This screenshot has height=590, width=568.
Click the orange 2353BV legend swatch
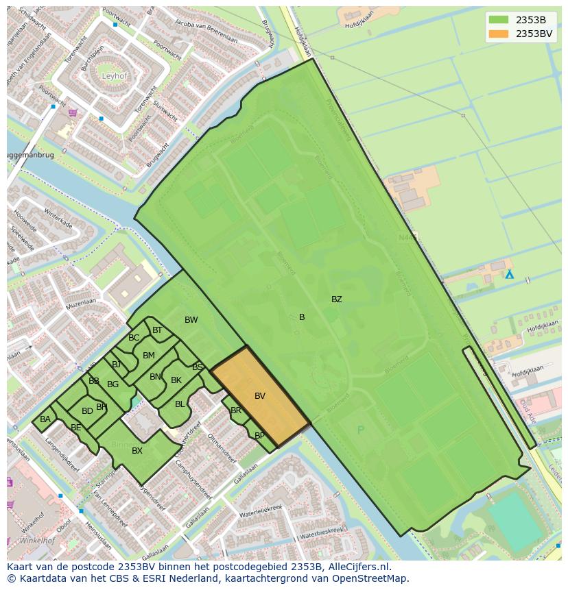(x=499, y=34)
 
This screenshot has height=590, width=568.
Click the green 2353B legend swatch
(x=499, y=20)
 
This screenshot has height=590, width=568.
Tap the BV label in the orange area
(x=260, y=396)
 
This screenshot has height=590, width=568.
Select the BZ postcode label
(x=336, y=299)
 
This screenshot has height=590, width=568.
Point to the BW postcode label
(x=191, y=320)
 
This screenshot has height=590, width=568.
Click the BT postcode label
(x=157, y=330)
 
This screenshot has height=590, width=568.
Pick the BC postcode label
(x=134, y=338)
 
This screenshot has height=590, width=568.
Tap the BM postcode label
(x=148, y=356)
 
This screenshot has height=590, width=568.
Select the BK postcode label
(x=176, y=380)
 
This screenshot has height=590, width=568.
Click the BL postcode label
(x=180, y=404)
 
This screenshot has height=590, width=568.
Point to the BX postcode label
(x=137, y=451)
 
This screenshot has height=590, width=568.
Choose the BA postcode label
(x=45, y=419)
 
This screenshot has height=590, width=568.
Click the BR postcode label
(x=236, y=411)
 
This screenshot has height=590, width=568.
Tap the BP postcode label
(x=259, y=436)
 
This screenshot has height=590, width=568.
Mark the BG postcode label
(x=113, y=384)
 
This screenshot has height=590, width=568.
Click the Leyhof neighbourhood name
(x=115, y=76)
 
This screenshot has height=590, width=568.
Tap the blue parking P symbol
(x=361, y=430)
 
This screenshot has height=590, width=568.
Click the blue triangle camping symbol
(x=509, y=274)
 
